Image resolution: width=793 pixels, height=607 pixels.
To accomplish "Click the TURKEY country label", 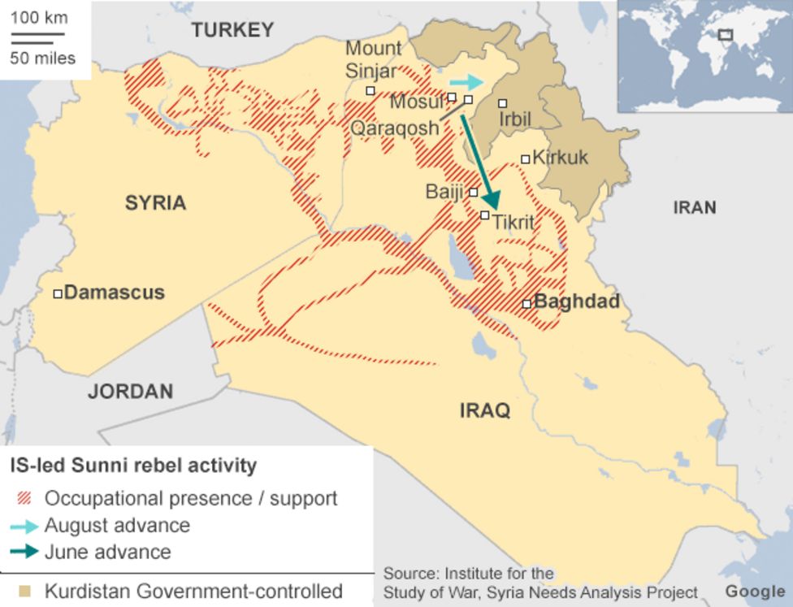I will (x=232, y=30).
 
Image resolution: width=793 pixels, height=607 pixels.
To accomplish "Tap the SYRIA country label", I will (x=155, y=202).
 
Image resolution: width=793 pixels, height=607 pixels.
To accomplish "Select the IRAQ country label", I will (x=485, y=410).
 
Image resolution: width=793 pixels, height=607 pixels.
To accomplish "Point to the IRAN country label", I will (x=694, y=207).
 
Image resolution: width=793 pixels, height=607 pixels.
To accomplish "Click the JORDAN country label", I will (x=130, y=391).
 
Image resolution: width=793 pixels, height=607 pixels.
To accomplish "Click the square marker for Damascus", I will (x=58, y=293).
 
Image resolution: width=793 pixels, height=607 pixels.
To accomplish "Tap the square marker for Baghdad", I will (x=526, y=303).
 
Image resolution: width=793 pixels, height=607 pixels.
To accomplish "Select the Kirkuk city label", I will (x=560, y=158).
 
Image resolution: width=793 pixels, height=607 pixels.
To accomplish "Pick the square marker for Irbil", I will (x=503, y=103).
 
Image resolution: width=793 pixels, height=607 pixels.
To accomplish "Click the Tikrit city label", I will (x=513, y=220).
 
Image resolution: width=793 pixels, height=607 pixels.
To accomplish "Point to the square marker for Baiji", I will (x=474, y=193).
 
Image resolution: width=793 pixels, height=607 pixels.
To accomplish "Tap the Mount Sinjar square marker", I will (x=370, y=91).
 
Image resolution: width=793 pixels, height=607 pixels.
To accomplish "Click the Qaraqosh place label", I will (x=393, y=128).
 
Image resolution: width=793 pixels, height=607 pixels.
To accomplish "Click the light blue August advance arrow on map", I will (x=466, y=82).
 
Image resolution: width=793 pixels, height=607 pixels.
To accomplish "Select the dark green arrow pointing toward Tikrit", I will (x=479, y=163).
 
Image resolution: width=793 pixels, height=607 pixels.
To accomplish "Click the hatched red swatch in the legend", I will (x=26, y=498).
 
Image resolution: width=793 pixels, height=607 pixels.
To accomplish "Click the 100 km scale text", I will (x=39, y=18).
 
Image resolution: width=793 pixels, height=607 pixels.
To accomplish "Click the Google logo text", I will (x=755, y=591).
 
